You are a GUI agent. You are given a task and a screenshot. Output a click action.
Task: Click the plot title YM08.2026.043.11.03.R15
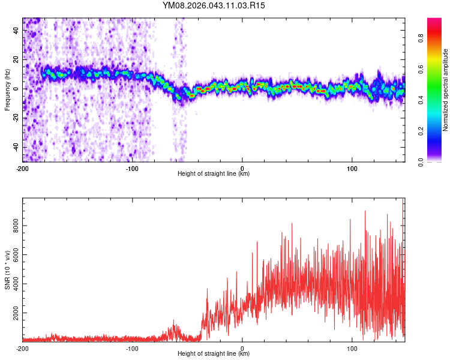click(x=214, y=6)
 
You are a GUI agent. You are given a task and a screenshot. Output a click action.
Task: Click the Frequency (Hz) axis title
click(x=7, y=90)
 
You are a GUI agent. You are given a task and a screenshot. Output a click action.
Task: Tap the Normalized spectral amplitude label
click(x=446, y=90)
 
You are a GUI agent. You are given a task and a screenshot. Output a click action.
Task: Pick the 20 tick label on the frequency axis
click(x=17, y=59)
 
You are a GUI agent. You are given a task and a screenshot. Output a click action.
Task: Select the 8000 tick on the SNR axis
click(x=13, y=226)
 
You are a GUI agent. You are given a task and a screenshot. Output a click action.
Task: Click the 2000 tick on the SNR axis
click(x=13, y=313)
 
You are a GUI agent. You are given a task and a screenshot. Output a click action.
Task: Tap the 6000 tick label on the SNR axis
click(x=13, y=255)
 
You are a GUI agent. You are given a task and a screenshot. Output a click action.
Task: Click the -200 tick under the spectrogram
click(x=23, y=167)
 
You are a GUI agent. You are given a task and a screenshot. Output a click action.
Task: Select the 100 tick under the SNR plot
click(x=352, y=348)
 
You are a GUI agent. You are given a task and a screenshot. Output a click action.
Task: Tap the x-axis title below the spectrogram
click(x=214, y=174)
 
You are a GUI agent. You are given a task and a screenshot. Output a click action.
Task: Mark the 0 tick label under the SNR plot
click(x=242, y=348)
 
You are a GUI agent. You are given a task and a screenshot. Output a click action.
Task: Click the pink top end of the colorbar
click(x=434, y=21)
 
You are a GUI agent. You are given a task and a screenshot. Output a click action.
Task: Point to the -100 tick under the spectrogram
click(x=133, y=167)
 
